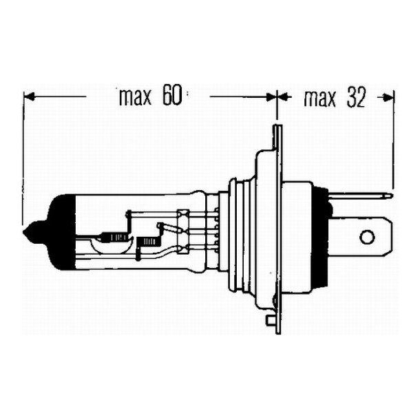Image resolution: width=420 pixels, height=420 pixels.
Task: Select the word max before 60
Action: click(x=137, y=98)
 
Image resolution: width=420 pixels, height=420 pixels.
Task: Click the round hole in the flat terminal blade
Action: click(x=367, y=238)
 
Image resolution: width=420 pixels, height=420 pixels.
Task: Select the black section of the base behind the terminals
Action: click(x=319, y=238)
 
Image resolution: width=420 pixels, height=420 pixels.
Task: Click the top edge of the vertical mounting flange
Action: click(x=277, y=127)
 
